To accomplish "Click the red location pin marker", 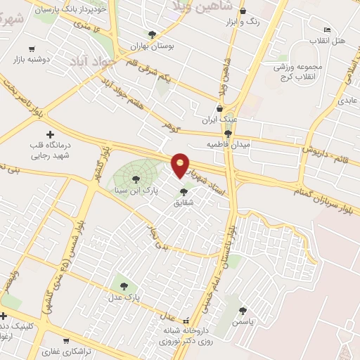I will click(x=181, y=165).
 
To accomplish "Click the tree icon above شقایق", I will click(x=184, y=191).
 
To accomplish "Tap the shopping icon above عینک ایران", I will click(x=219, y=109).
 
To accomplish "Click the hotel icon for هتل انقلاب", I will click(x=327, y=30).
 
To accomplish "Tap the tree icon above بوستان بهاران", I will click(x=152, y=34).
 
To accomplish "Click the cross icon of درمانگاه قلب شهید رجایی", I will click(x=49, y=134).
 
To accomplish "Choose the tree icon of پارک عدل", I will click(x=124, y=286).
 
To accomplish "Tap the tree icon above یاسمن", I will click(x=243, y=311).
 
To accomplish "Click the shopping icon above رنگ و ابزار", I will click(x=243, y=11).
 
